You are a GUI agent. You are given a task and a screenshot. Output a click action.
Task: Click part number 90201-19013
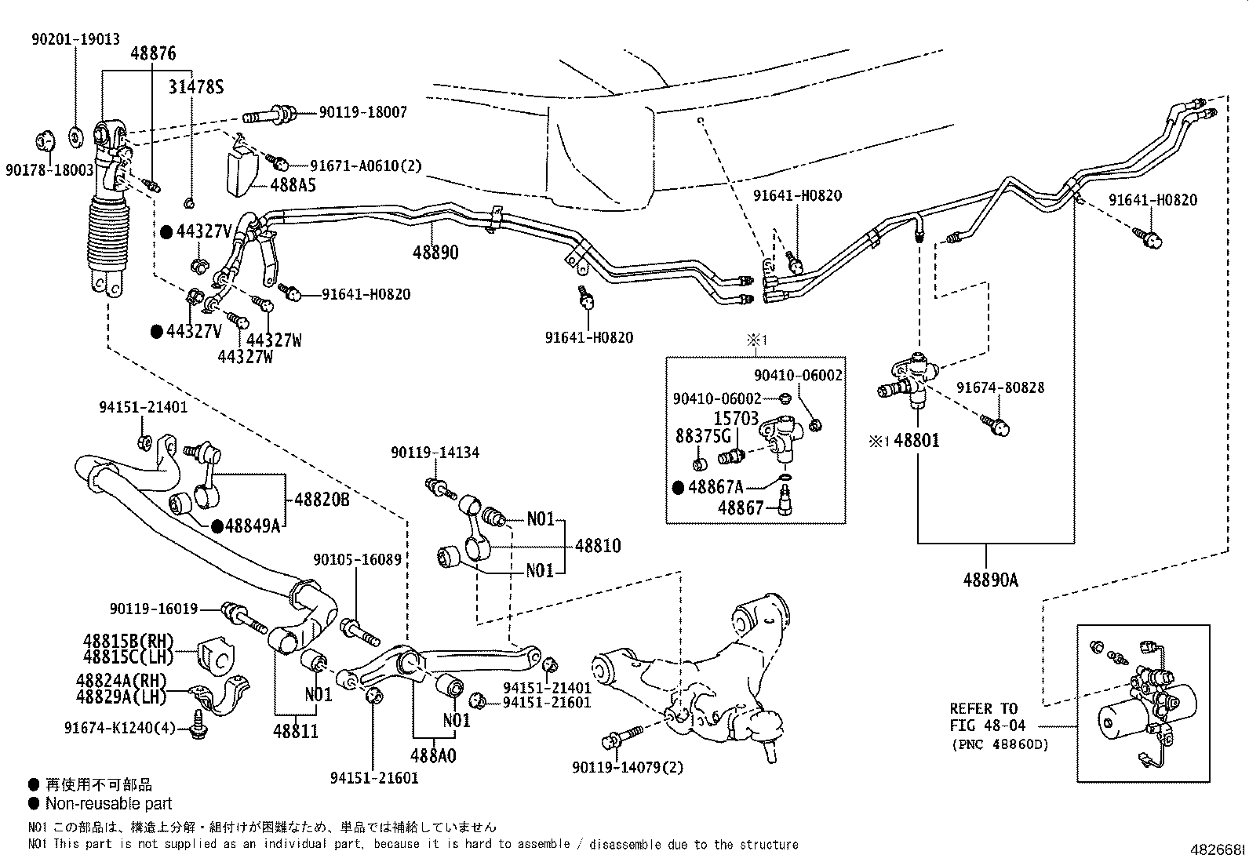76,38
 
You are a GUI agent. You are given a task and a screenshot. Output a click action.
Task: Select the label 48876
153,54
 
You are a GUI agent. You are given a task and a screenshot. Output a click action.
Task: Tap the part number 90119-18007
362,113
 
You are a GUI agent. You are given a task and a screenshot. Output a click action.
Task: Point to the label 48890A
991,580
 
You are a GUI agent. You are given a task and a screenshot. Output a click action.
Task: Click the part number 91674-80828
1000,388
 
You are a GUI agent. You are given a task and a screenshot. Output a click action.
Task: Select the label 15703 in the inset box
736,419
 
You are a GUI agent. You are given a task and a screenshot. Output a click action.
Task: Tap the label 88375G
703,436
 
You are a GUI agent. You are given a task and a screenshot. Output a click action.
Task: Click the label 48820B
322,500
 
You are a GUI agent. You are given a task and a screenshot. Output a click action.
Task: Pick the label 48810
598,546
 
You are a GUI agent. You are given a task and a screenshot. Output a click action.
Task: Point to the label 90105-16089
357,560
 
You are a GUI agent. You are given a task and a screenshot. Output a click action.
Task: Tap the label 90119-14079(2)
628,766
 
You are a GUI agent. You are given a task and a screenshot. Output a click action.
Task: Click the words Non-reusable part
108,803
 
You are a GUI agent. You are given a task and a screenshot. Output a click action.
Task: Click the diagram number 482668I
1218,850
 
